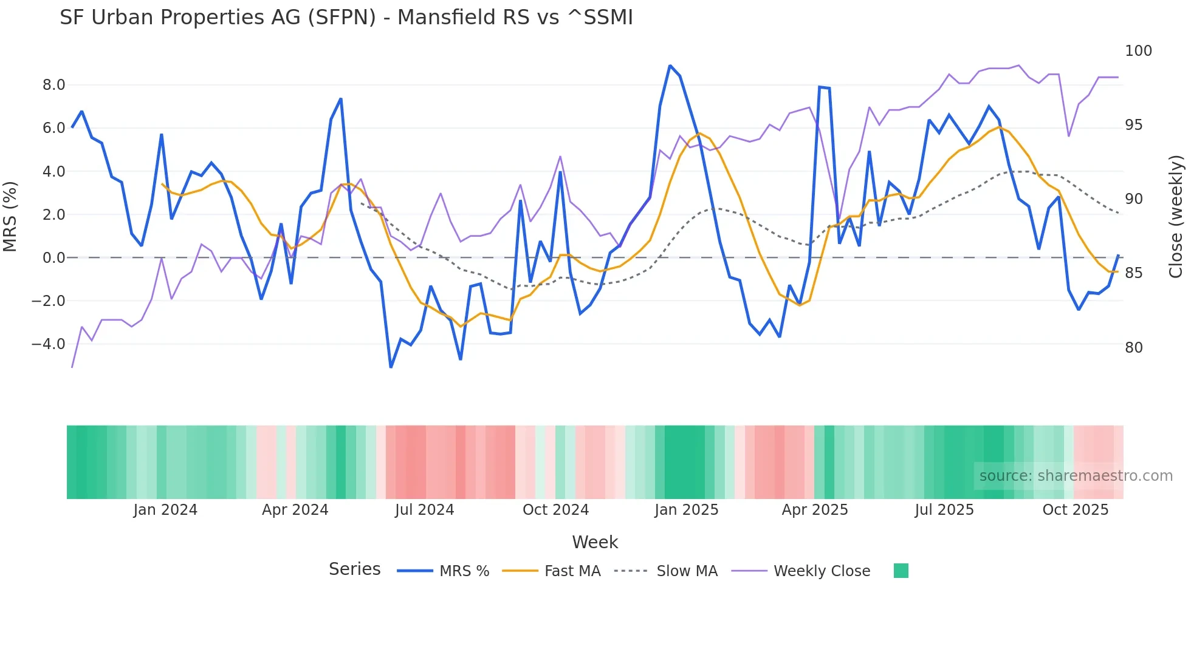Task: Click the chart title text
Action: point(346,18)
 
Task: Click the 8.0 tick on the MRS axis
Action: point(53,85)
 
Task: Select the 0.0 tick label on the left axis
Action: point(53,258)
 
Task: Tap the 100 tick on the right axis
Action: point(1138,51)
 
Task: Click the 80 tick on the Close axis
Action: point(1134,348)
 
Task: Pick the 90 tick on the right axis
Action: point(1134,199)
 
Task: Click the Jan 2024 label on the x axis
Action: point(165,510)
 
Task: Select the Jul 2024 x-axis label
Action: point(424,510)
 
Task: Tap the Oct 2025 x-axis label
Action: point(1075,510)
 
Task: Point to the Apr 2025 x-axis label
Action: point(814,510)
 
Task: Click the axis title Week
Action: point(595,542)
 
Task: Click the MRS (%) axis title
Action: point(10,216)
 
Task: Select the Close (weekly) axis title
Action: point(1176,216)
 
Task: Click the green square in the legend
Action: point(901,571)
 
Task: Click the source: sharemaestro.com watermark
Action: point(1076,476)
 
